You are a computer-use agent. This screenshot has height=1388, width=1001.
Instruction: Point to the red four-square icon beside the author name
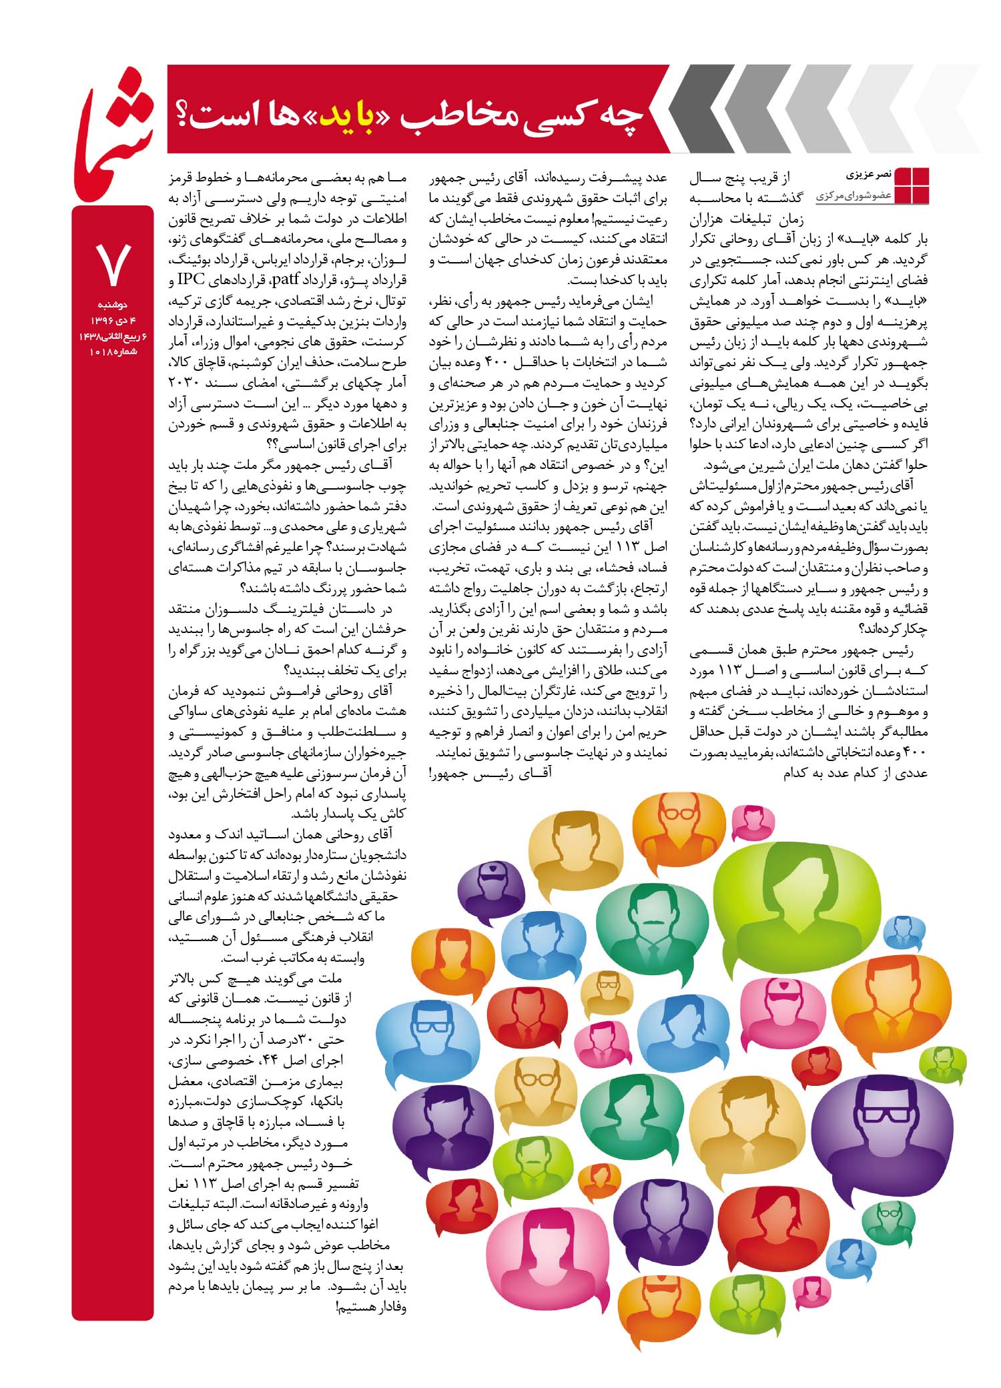click(x=911, y=185)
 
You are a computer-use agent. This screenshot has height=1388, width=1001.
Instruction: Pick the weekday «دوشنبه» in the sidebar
click(x=112, y=304)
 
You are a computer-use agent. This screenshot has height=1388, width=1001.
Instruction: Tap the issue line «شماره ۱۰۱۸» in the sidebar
click(x=112, y=352)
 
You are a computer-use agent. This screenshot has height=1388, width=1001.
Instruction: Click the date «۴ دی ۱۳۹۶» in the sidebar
click(x=112, y=321)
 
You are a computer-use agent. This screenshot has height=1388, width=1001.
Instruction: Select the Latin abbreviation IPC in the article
click(x=194, y=278)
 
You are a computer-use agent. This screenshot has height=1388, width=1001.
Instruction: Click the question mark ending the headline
click(x=185, y=114)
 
